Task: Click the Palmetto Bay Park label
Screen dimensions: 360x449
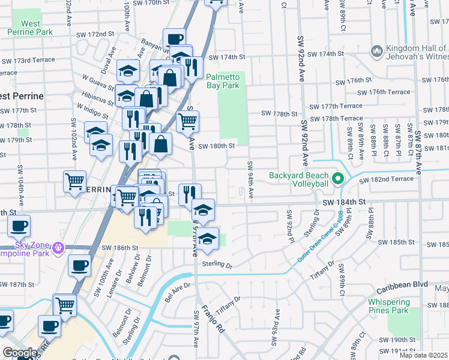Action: tap(223, 81)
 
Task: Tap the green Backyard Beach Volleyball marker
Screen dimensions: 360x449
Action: tap(337, 178)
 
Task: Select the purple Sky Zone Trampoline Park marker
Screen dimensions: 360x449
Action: tap(58, 247)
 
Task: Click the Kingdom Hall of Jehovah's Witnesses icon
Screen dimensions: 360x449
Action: tap(376, 52)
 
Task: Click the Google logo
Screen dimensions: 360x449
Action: tap(20, 353)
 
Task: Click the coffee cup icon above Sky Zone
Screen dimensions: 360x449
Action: tap(19, 226)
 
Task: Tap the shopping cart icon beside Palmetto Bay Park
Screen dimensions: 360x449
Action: tap(188, 122)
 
